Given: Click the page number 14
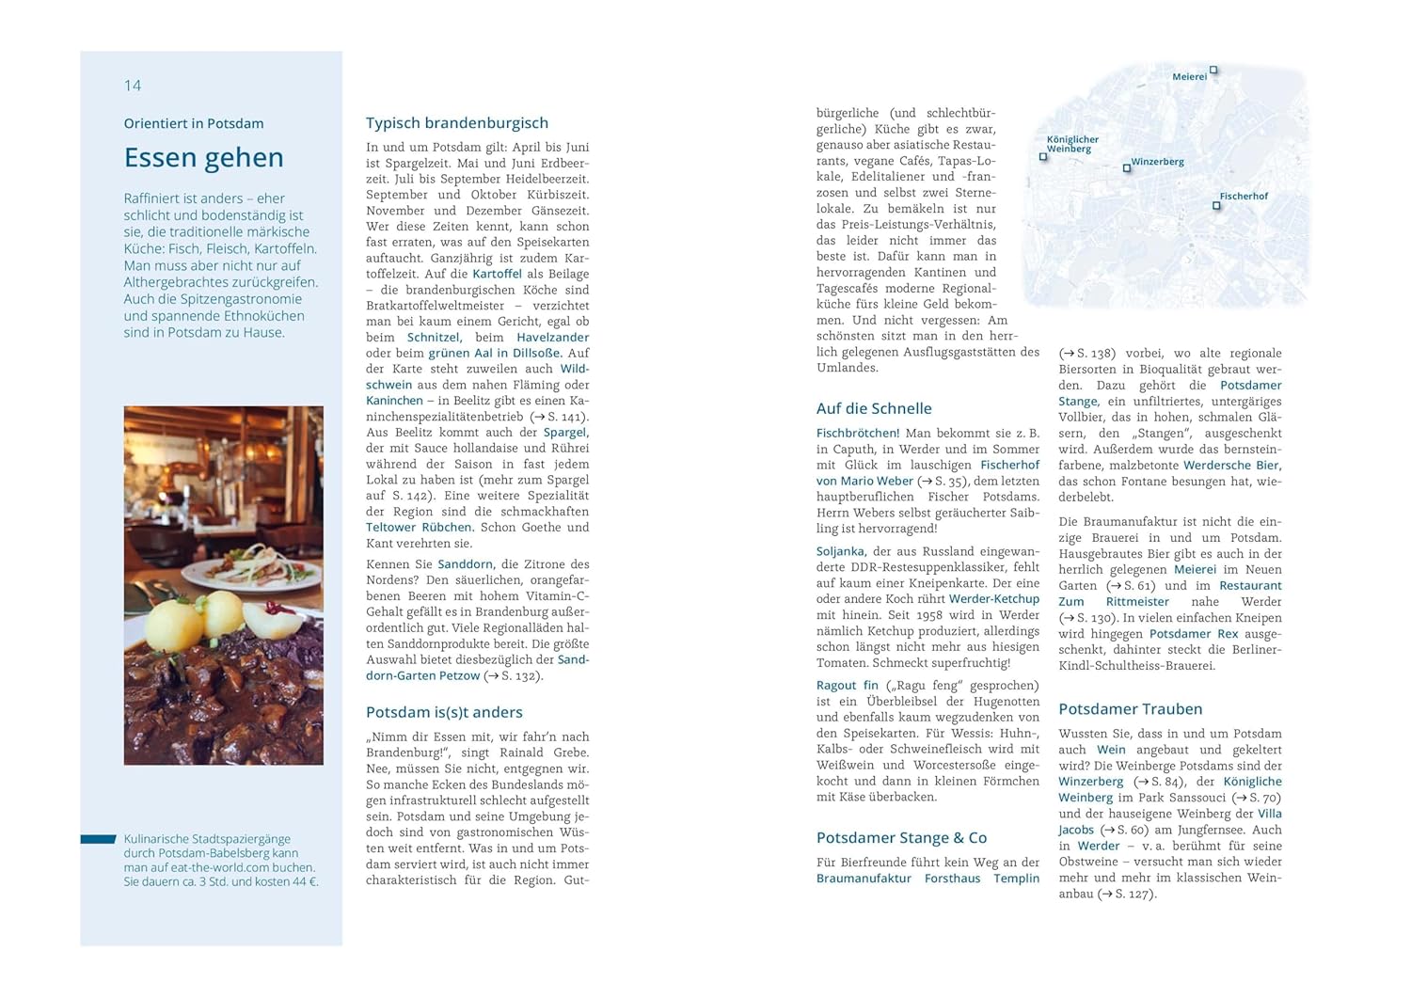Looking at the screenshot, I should pyautogui.click(x=133, y=86).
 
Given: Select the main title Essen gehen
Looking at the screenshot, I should pyautogui.click(x=203, y=157).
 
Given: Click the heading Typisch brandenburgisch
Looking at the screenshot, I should pyautogui.click(x=456, y=123).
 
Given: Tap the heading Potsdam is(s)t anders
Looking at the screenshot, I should pyautogui.click(x=444, y=712).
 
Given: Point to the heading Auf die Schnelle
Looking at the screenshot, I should pyautogui.click(x=874, y=408).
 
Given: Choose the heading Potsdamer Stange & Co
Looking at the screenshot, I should pyautogui.click(x=901, y=837).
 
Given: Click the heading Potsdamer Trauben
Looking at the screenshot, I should pyautogui.click(x=1130, y=709).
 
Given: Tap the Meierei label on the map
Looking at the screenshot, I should pyautogui.click(x=1189, y=77).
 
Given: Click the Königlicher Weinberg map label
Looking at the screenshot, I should pyautogui.click(x=1072, y=144).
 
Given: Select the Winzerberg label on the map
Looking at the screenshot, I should pyautogui.click(x=1157, y=162).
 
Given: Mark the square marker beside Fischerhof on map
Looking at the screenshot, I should pyautogui.click(x=1216, y=206).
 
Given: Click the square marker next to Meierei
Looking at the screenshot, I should pyautogui.click(x=1213, y=70).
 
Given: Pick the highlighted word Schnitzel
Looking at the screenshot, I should pyautogui.click(x=433, y=338).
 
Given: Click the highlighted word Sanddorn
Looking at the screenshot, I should pyautogui.click(x=465, y=564).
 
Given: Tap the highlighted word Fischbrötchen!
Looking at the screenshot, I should pyautogui.click(x=858, y=434).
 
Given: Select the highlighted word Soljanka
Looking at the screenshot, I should pyautogui.click(x=840, y=551).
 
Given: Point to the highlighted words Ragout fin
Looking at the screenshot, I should pyautogui.click(x=847, y=686).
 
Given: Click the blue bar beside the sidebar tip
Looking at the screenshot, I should pyautogui.click(x=98, y=839).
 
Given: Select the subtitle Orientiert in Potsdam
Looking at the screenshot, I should pyautogui.click(x=194, y=123).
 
